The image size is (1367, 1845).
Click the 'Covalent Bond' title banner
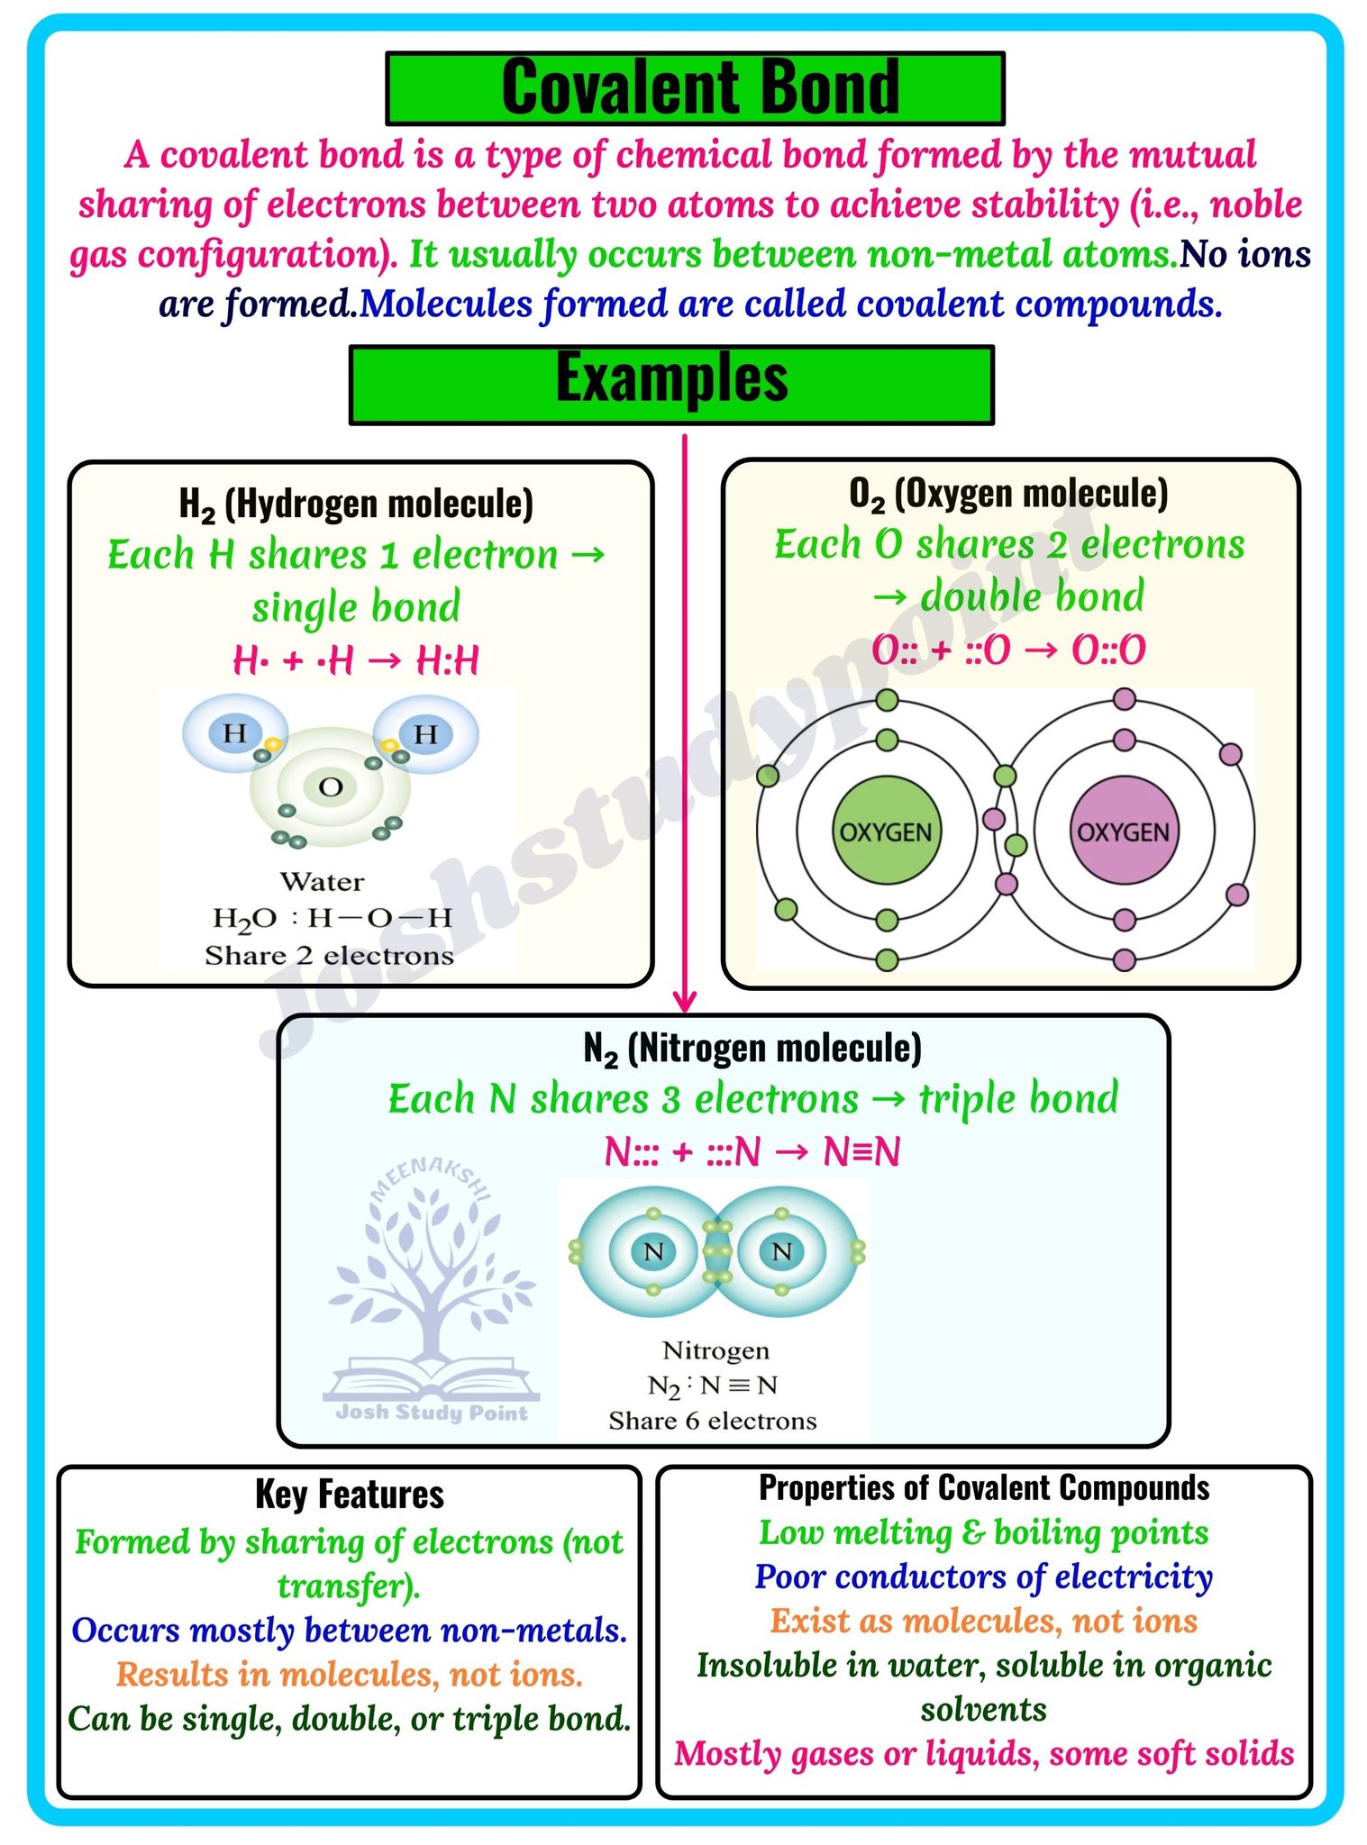[695, 87]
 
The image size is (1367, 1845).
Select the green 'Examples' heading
[671, 384]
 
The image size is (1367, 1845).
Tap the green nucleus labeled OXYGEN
[886, 831]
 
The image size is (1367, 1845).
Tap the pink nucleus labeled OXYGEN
[1124, 831]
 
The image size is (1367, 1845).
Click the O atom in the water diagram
[331, 787]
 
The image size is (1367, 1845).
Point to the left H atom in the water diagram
[234, 732]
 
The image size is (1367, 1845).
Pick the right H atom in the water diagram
[425, 733]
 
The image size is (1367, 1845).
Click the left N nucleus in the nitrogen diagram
[653, 1250]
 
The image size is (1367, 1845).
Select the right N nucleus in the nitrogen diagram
[781, 1250]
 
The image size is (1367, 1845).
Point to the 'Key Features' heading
[350, 1495]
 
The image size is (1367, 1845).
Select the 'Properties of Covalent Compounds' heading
[984, 1487]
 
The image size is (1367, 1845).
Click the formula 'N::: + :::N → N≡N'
[752, 1151]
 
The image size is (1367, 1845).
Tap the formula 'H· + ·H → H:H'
[356, 660]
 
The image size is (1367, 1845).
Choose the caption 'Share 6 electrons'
[713, 1421]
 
